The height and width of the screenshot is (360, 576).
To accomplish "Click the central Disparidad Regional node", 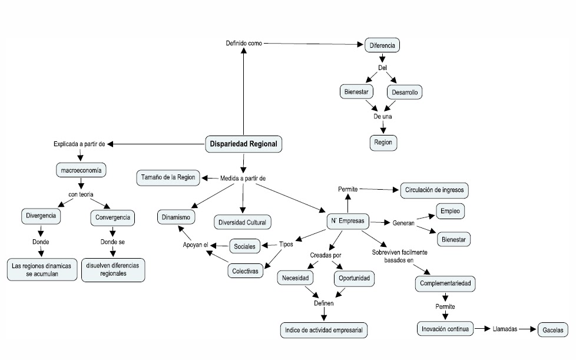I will (243, 144).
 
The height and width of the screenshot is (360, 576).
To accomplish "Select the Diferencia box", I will (382, 45).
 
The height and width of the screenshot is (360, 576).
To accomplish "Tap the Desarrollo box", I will (405, 93).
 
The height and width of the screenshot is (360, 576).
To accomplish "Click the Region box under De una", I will (383, 142).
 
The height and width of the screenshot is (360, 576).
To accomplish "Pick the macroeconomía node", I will (81, 171).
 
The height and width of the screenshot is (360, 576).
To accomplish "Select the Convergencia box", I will (112, 217).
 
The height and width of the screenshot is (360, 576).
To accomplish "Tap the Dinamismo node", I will (177, 217).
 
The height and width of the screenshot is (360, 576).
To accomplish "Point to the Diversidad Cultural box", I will (242, 222).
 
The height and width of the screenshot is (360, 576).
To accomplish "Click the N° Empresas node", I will (349, 222).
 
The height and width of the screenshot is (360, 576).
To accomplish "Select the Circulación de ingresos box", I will (435, 190).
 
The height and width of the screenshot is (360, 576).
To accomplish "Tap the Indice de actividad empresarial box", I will (324, 330).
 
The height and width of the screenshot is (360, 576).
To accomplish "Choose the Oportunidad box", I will (353, 278).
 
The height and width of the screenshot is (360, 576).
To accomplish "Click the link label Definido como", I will (244, 44).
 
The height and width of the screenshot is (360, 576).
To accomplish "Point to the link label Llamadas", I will (505, 329).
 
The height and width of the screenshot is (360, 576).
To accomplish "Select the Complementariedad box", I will (445, 283).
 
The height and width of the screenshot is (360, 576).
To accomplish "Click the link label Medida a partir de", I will (243, 177).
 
